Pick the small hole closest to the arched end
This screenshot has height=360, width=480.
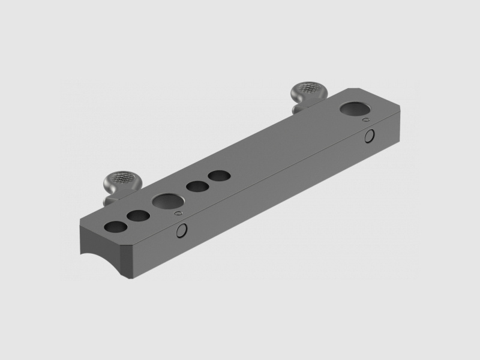click(115, 227)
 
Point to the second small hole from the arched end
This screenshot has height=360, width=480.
click(138, 215)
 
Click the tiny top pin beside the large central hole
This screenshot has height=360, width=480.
click(177, 213)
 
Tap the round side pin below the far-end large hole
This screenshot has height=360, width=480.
click(371, 137)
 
